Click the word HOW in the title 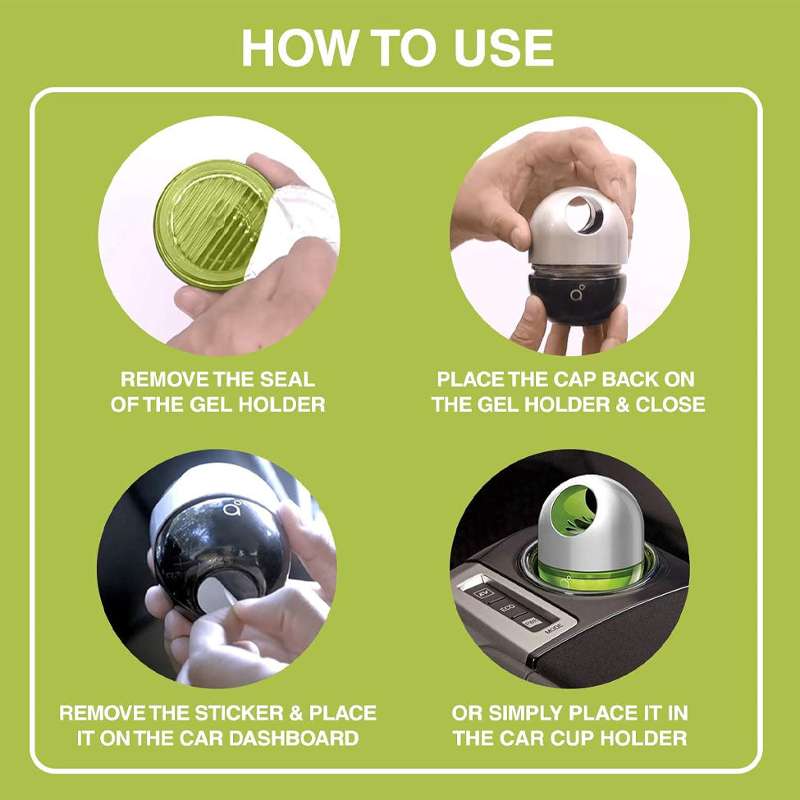pyautogui.click(x=299, y=48)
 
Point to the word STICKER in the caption pyautogui.click(x=240, y=713)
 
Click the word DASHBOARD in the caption pyautogui.click(x=294, y=738)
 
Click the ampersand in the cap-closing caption pyautogui.click(x=623, y=405)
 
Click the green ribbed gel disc pyautogui.click(x=212, y=225)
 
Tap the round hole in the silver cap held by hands pyautogui.click(x=584, y=215)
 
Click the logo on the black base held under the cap pyautogui.click(x=577, y=293)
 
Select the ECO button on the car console pyautogui.click(x=507, y=608)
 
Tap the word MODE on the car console pyautogui.click(x=554, y=628)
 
